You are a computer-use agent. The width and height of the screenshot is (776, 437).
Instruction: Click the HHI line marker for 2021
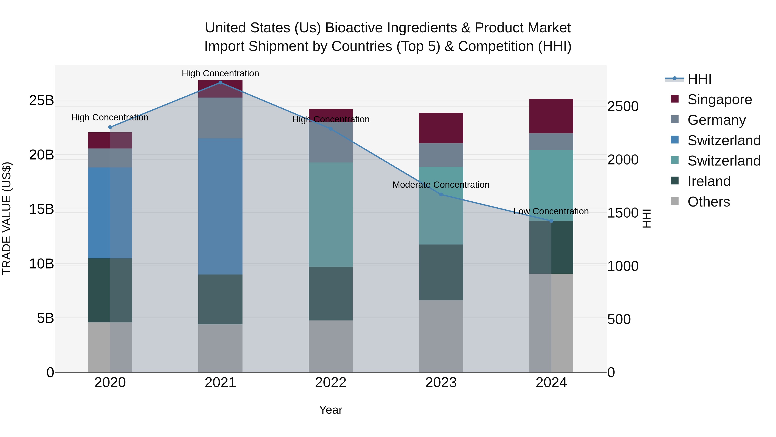(220, 83)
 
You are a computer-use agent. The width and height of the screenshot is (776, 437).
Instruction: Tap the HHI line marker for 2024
(551, 221)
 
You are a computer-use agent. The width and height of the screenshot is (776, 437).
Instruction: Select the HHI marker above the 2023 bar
(441, 194)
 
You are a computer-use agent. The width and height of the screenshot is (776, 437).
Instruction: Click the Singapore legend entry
(719, 99)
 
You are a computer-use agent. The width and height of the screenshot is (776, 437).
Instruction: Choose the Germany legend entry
(716, 120)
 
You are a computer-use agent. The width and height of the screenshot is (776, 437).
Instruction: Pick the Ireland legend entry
(709, 181)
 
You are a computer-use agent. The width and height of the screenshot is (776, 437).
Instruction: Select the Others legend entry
(709, 202)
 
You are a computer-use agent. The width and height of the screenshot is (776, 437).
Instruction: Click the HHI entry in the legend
(699, 79)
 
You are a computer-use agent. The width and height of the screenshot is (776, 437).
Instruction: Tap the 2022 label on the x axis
(330, 383)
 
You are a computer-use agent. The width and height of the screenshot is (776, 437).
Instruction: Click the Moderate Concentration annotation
(441, 185)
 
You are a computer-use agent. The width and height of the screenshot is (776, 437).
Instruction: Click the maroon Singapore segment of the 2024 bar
(551, 116)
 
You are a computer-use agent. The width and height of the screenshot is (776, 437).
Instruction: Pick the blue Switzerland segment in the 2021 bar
(220, 206)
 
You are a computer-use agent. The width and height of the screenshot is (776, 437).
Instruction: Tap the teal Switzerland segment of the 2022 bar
(330, 215)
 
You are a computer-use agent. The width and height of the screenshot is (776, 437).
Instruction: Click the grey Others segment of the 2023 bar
(441, 336)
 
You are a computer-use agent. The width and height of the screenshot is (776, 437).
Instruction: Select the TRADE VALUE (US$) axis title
(7, 218)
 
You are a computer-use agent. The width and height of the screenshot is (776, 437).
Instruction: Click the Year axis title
(330, 410)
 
